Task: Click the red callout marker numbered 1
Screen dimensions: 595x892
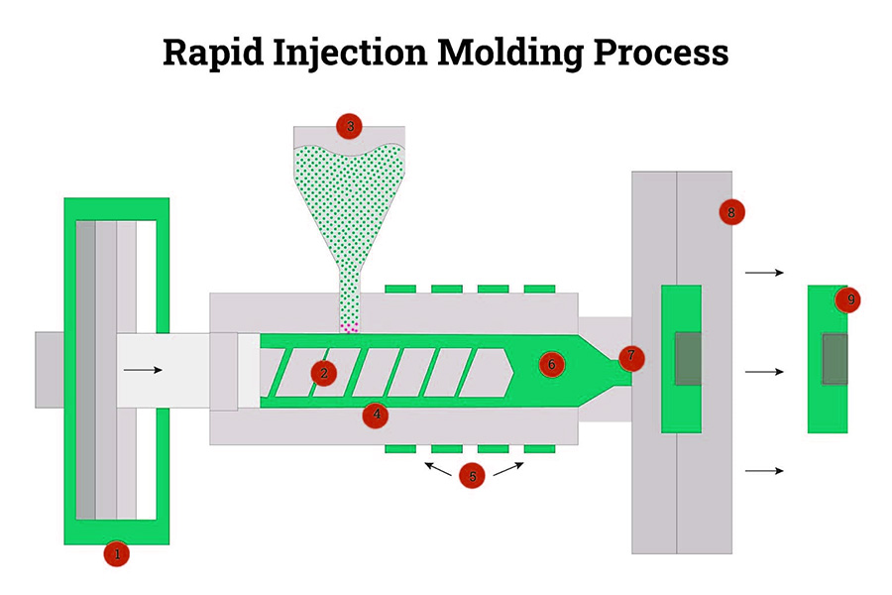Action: click(x=117, y=554)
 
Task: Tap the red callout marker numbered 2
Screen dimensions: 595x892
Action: click(x=322, y=373)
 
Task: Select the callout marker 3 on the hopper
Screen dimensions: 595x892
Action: click(x=349, y=126)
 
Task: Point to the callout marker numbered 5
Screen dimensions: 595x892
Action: click(x=473, y=476)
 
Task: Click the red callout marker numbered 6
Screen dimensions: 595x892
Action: click(x=552, y=364)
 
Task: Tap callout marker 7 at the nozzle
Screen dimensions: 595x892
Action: click(x=630, y=357)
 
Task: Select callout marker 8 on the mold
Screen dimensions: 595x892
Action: click(x=731, y=212)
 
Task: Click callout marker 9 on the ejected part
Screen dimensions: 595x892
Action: click(x=846, y=298)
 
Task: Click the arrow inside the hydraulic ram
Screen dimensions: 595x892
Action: click(x=143, y=370)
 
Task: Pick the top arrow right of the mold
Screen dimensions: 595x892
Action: click(x=764, y=272)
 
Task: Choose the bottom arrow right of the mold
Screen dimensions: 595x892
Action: click(x=764, y=470)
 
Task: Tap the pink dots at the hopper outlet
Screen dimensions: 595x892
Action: click(x=349, y=327)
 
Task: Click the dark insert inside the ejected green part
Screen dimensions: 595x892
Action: click(x=835, y=359)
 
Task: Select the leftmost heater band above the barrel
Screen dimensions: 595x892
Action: click(x=400, y=289)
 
